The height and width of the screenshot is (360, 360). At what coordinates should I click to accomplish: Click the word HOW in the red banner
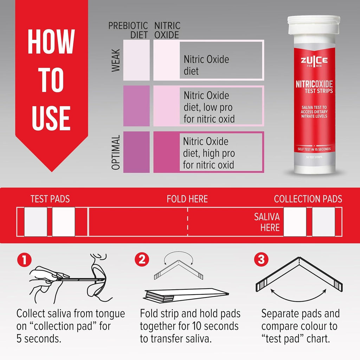[51, 41]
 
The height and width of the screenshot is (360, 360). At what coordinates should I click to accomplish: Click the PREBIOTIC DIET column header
[128, 30]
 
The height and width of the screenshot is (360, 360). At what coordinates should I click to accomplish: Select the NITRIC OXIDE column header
[167, 30]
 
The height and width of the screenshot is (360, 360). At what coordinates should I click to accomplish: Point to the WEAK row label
[116, 60]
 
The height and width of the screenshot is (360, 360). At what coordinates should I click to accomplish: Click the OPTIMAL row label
[116, 152]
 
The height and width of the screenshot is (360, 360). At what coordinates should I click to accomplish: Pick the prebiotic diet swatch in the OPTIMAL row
[136, 152]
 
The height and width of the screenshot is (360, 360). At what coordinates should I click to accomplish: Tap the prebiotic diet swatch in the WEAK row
[136, 60]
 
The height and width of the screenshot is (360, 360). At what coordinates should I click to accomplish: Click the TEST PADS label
[50, 199]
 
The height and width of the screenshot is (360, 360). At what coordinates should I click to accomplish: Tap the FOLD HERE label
[187, 199]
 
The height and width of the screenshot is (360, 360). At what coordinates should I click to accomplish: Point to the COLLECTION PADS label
[308, 199]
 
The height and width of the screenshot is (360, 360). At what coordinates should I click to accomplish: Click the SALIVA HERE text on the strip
[267, 222]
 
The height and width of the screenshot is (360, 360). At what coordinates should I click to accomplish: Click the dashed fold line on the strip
[187, 222]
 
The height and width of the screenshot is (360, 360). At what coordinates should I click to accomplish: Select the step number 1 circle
[24, 260]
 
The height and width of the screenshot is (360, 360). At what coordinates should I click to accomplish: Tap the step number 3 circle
[261, 260]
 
